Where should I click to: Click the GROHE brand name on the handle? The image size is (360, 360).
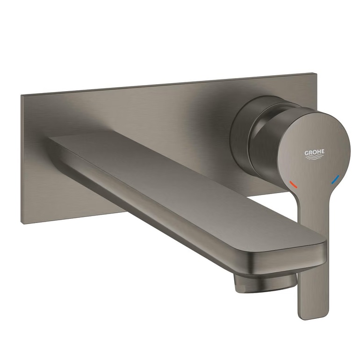click(x=314, y=152)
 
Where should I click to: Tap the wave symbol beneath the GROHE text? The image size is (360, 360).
click(x=315, y=157)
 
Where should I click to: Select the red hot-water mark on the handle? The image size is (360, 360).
click(x=293, y=184)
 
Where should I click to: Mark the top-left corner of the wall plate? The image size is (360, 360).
click(x=21, y=95)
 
